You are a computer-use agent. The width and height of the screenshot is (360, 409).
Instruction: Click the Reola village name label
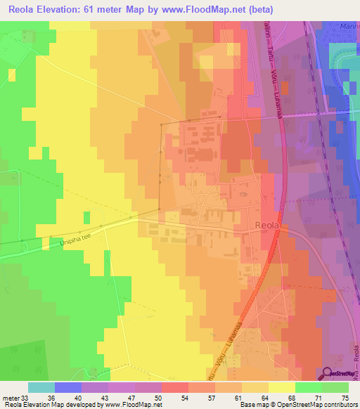pyautogui.click(x=266, y=226)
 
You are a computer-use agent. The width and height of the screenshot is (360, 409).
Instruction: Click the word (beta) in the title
pyautogui.click(x=259, y=10)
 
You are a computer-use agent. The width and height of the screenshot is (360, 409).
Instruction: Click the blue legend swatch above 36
pyautogui.click(x=68, y=387)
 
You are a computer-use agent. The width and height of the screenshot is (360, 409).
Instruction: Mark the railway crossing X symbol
pyautogui.click(x=319, y=112)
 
